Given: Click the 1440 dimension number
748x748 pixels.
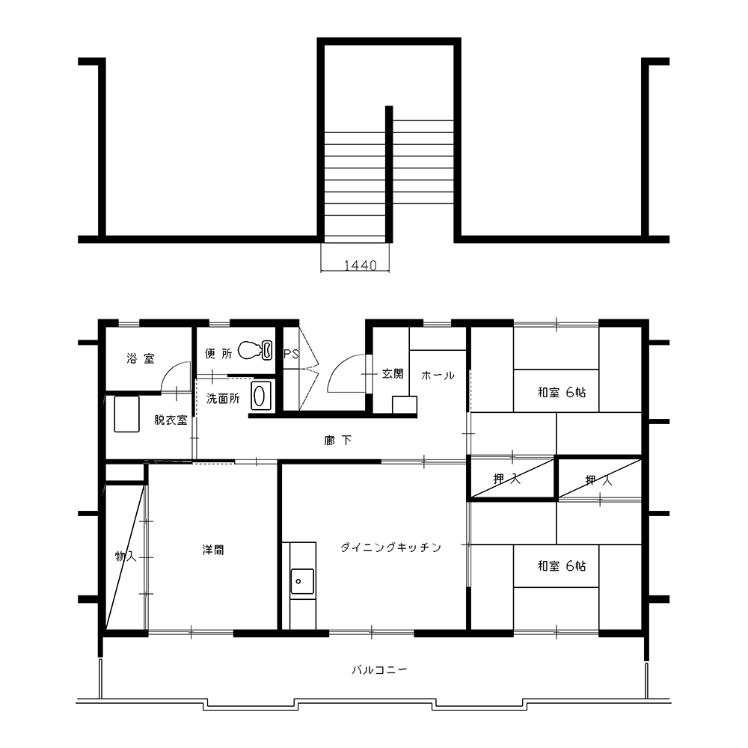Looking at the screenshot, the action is pos(361,266).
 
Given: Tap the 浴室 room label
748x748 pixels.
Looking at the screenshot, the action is pos(141,358).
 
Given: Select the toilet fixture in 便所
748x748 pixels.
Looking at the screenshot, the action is pos(255,349).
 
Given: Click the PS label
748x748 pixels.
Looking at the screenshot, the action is pos(291,354).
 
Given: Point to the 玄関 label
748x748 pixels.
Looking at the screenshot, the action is pos(393,374).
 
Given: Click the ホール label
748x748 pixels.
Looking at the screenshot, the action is pos(438,376).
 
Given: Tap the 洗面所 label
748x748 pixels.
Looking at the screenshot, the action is pos(223,399).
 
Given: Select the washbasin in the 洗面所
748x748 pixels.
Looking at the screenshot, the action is pos(260,396).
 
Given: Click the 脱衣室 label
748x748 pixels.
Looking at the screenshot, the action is pos(171,420).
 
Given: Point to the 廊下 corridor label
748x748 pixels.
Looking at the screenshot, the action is pos(338,440).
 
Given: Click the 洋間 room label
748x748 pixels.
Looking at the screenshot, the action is pos(212,550).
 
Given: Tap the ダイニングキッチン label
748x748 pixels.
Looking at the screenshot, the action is pos(391,548).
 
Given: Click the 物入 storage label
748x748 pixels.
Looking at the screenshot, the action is pos(126,557).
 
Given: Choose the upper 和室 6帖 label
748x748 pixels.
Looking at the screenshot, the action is pos(562,393).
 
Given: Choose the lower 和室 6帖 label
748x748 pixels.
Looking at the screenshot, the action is pos(562,566).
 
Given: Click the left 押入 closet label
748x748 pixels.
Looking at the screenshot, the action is pos(506,479).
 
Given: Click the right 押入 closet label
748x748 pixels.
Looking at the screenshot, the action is pos(598,480).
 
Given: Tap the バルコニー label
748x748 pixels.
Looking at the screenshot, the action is pos(379,670).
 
